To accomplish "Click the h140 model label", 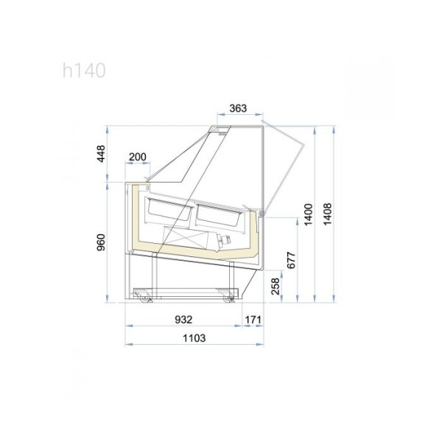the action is (x=84, y=71).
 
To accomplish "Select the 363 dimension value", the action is (x=238, y=108).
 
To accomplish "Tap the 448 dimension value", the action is (x=101, y=154).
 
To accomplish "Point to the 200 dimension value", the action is (x=138, y=157).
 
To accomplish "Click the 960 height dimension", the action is (x=101, y=242).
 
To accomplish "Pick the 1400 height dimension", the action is (x=309, y=214).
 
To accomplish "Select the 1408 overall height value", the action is (x=327, y=214).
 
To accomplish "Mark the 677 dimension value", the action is (x=292, y=260).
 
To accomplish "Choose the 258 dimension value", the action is (x=276, y=286).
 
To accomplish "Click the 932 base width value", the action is (x=183, y=320).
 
